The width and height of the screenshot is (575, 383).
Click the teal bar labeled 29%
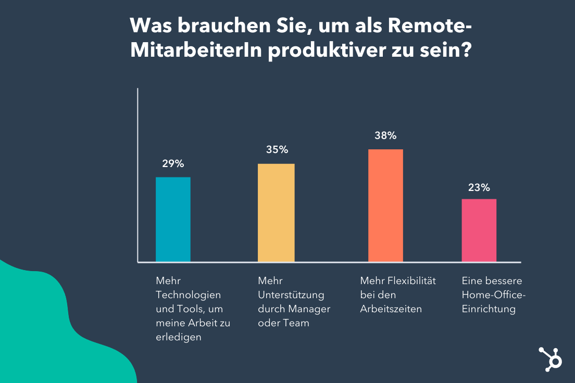[x=173, y=219]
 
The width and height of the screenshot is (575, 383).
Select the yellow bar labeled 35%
[x=276, y=212]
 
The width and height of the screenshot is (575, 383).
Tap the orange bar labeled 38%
[x=385, y=205]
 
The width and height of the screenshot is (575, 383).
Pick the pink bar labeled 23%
[x=479, y=230]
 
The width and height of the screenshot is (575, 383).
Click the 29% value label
[x=173, y=164]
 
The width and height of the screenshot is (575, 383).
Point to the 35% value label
[x=277, y=150]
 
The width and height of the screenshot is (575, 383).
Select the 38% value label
[x=385, y=136]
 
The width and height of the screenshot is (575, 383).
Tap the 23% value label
[x=479, y=188]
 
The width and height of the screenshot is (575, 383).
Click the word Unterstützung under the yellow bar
[x=291, y=295]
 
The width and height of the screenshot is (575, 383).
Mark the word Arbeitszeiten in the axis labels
[x=391, y=309]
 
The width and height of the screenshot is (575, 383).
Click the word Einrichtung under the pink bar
[x=489, y=309]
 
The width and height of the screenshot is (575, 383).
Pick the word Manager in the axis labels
[x=310, y=309]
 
